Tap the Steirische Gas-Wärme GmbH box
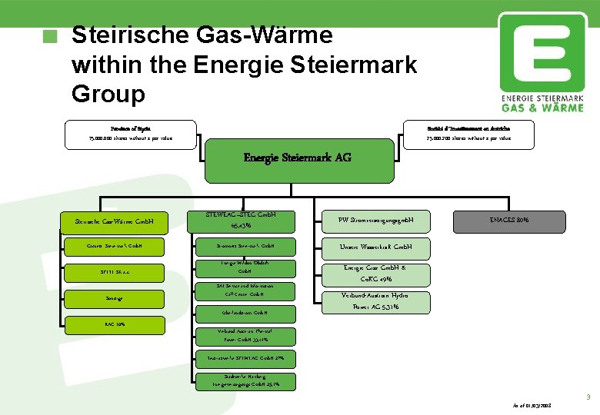115,223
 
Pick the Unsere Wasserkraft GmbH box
376,247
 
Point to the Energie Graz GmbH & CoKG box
376,273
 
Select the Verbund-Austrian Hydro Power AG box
376,301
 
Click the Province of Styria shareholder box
130,131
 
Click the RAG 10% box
115,324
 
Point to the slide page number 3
588,397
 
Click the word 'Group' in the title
108,94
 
